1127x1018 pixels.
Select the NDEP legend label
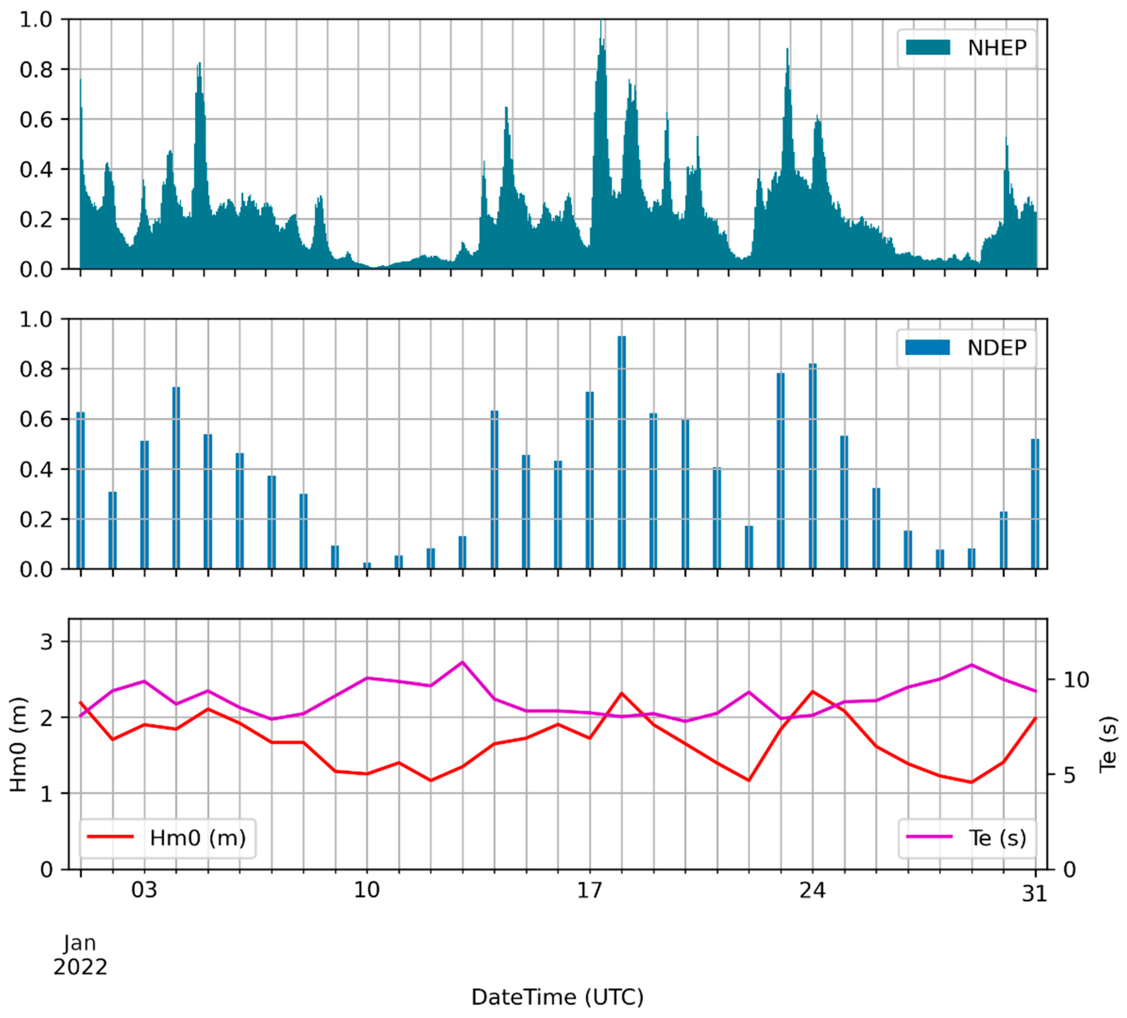pos(997,348)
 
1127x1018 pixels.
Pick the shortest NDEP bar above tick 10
pos(367,566)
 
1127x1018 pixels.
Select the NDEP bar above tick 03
pos(145,504)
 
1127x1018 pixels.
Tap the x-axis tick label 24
pos(812,890)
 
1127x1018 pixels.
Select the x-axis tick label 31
pos(1034,894)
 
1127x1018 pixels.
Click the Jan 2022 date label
pos(80,954)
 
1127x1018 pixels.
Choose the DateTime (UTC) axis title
pos(557,997)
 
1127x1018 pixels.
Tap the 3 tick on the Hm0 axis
pos(46,642)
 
